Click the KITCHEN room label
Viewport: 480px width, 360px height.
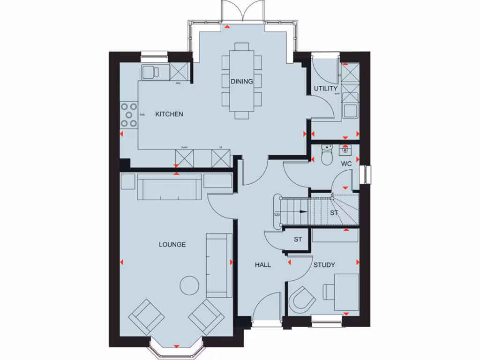pos(169,114)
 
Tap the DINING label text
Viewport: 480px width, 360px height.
pos(241,81)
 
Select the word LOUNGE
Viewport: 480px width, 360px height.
pos(172,244)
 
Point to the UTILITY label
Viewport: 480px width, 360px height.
pos(326,88)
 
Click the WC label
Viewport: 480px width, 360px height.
pos(346,164)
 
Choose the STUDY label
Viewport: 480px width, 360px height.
pos(324,265)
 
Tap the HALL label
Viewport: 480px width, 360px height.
pos(262,265)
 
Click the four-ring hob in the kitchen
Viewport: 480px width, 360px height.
pos(129,115)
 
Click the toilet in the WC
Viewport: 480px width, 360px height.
pos(327,154)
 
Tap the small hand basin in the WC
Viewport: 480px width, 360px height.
pos(345,150)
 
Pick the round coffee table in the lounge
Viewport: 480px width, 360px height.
pos(191,285)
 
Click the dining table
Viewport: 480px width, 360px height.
pos(242,81)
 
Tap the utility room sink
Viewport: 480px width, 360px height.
pos(350,110)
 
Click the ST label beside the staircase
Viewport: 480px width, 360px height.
pos(334,213)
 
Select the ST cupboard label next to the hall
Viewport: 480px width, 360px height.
pos(298,239)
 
